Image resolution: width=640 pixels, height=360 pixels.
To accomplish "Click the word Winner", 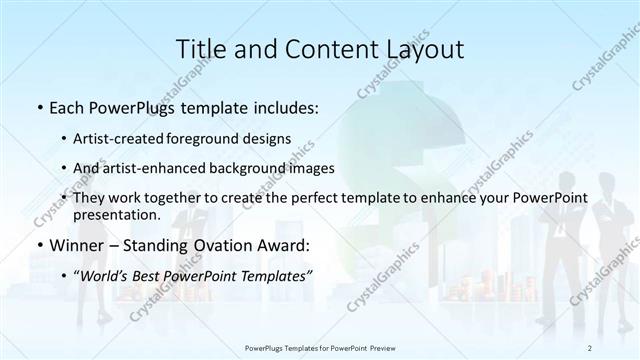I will click(76, 244).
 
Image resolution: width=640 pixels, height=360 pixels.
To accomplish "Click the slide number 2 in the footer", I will click(591, 347).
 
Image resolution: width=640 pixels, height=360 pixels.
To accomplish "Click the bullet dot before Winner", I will click(38, 245).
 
